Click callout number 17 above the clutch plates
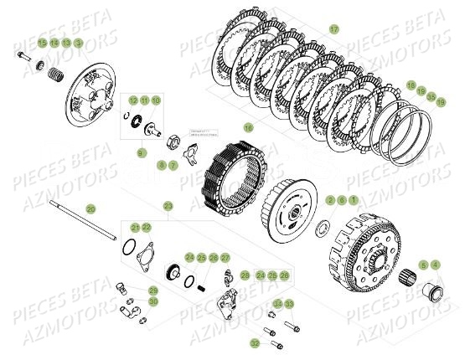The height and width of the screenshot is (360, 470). point(333,29)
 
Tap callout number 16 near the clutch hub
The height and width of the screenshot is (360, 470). point(247,127)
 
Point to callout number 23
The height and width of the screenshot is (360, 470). point(168,205)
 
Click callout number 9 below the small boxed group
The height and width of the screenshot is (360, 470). point(142,152)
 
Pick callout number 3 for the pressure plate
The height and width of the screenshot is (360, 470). point(79,41)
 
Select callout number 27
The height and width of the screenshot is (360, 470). point(224,257)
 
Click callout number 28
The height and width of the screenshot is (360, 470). point(245,275)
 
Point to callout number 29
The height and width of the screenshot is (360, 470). point(153,290)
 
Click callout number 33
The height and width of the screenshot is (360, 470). point(289,303)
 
